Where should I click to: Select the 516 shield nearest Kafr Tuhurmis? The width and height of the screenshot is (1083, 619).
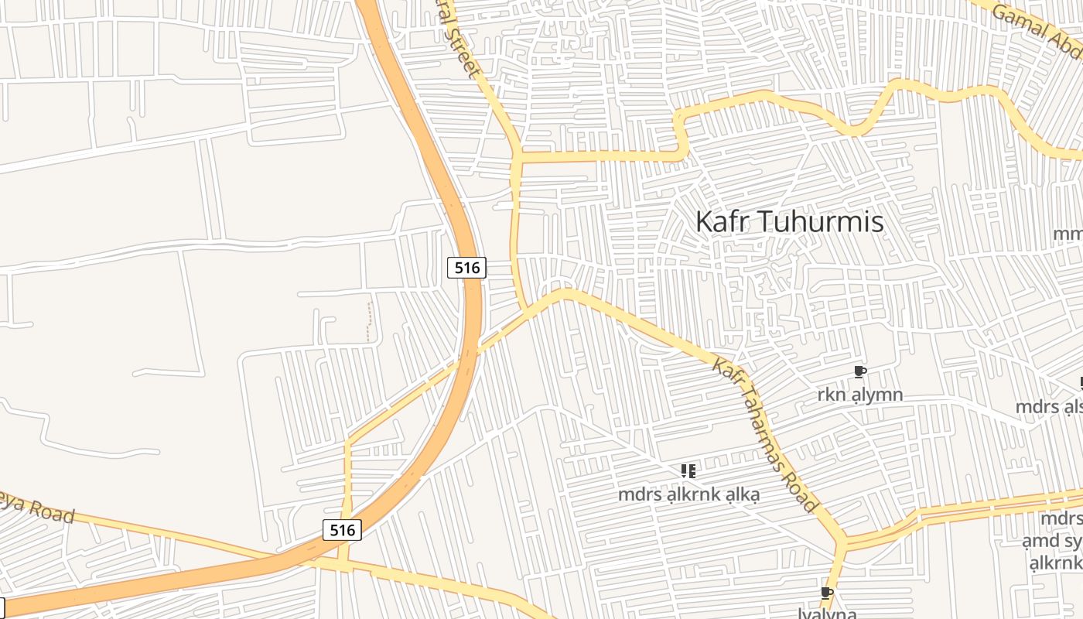[x=467, y=268]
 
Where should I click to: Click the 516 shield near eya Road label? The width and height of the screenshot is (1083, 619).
[x=342, y=530]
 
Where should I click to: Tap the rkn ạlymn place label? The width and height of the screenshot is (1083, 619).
[x=859, y=395]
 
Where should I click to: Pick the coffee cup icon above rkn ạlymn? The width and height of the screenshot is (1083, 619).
[x=859, y=372]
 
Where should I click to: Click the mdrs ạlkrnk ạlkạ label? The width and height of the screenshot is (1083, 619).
[x=688, y=494]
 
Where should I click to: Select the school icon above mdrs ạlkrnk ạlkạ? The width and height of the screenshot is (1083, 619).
[x=688, y=470]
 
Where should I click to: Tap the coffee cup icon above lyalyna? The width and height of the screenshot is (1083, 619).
[x=826, y=593]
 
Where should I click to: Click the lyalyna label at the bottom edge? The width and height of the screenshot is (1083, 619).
[x=826, y=613]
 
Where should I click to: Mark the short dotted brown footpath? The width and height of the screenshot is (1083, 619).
[x=369, y=322]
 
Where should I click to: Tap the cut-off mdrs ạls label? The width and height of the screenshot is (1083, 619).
[x=1048, y=407]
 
